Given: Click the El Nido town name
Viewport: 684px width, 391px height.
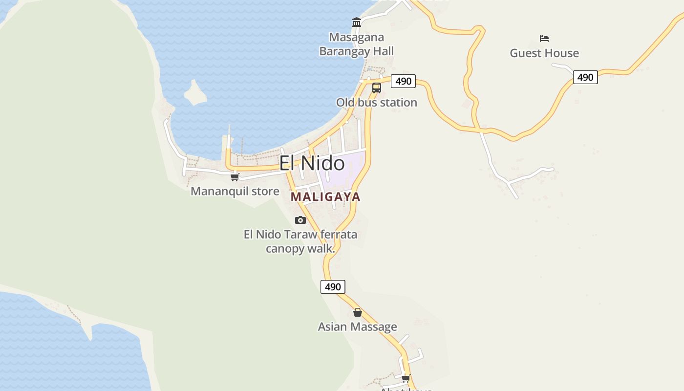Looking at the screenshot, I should pyautogui.click(x=312, y=163).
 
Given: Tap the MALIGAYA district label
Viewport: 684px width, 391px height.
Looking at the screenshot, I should pyautogui.click(x=325, y=197).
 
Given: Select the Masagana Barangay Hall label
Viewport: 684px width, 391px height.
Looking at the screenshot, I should pyautogui.click(x=356, y=44).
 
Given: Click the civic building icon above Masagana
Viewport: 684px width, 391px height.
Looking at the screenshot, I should pyautogui.click(x=357, y=22).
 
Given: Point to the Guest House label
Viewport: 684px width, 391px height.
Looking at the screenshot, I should pyautogui.click(x=544, y=53).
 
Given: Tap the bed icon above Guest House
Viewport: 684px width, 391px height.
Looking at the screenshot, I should pyautogui.click(x=544, y=38).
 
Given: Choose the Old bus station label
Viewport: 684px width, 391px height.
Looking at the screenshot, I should pyautogui.click(x=376, y=103).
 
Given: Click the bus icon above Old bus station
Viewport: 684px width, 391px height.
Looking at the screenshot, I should pyautogui.click(x=377, y=88).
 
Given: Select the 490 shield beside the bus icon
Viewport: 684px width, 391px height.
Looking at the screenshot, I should pyautogui.click(x=403, y=81).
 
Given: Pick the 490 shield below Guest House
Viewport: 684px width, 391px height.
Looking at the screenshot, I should pyautogui.click(x=585, y=77).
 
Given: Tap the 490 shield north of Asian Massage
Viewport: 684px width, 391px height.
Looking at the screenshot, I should pyautogui.click(x=333, y=287).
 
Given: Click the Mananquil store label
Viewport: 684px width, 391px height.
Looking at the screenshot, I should pyautogui.click(x=235, y=191).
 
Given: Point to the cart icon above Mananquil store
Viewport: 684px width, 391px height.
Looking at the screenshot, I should pyautogui.click(x=235, y=177).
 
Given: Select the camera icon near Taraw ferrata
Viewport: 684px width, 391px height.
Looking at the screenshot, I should pyautogui.click(x=300, y=220).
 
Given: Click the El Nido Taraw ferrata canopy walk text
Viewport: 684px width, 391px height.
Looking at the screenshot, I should pyautogui.click(x=300, y=241).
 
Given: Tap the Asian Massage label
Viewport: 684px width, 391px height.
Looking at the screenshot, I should pyautogui.click(x=357, y=327).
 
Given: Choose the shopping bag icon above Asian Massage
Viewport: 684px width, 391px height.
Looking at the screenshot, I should pyautogui.click(x=358, y=312).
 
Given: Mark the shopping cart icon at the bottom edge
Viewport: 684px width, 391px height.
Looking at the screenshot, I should pyautogui.click(x=406, y=378).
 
